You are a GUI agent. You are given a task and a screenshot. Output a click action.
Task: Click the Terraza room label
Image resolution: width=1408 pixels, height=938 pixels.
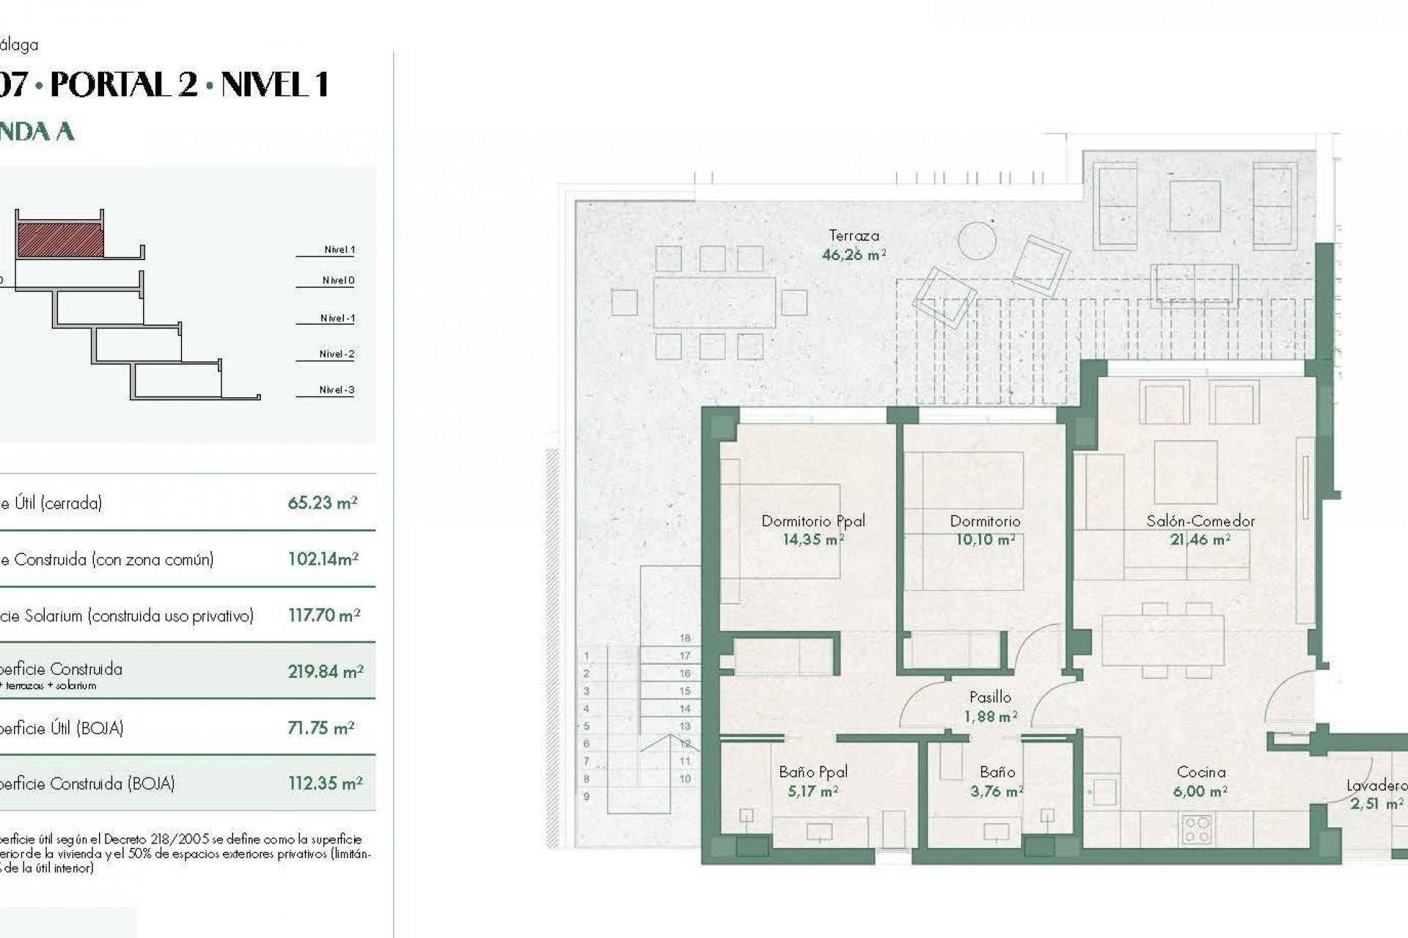[854, 236]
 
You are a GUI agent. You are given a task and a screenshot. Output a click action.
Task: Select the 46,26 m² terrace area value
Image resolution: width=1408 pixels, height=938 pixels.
[854, 255]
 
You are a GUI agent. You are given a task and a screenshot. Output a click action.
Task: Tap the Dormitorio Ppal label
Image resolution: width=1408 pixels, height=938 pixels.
[813, 521]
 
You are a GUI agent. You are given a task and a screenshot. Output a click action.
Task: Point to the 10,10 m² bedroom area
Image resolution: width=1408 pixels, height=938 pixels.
[985, 540]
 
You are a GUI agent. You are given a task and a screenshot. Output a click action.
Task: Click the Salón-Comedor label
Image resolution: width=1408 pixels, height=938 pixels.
[1200, 521]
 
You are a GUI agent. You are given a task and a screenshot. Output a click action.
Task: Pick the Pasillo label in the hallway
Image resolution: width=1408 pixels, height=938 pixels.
[990, 697]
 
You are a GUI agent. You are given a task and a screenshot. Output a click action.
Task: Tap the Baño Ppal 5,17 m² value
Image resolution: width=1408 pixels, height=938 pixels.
[813, 791]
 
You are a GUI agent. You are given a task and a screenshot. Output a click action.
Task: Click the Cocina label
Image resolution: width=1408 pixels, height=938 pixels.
[1200, 772]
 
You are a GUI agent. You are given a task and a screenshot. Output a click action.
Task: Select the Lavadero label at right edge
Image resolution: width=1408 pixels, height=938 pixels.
[1376, 786]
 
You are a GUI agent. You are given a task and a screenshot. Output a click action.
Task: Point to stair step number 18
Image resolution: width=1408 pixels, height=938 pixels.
[685, 638]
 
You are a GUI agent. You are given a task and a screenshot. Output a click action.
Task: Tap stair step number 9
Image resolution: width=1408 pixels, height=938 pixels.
[586, 797]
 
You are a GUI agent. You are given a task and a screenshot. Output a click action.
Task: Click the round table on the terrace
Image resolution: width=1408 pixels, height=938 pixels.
[977, 240]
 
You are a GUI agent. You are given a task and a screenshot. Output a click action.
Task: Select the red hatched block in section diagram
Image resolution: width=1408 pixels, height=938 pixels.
[60, 240]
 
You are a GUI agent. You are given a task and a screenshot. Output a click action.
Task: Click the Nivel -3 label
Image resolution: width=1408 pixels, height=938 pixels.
[337, 390]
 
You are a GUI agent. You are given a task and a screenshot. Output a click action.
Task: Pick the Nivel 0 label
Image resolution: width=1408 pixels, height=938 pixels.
[338, 280]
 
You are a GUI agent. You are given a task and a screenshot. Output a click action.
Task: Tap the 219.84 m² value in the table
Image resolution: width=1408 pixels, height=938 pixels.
[325, 671]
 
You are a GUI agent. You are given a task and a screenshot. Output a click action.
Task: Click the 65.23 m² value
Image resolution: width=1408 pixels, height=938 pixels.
[322, 503]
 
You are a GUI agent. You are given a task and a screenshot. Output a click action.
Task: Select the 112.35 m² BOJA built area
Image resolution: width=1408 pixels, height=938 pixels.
[325, 783]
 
